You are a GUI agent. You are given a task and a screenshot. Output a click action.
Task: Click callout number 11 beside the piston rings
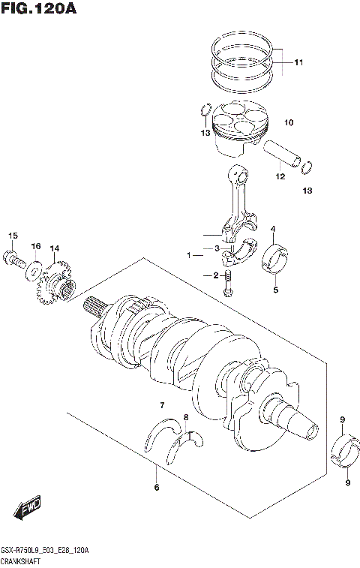pyautogui.click(x=298, y=62)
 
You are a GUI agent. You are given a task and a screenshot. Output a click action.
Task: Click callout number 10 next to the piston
pyautogui.click(x=288, y=122)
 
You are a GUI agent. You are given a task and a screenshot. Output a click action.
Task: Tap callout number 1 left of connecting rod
pyautogui.click(x=190, y=255)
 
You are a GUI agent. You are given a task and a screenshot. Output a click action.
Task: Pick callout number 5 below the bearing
pyautogui.click(x=274, y=290)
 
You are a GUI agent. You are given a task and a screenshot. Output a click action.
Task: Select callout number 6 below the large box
pyautogui.click(x=156, y=488)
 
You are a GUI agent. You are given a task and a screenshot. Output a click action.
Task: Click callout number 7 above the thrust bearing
pyautogui.click(x=161, y=406)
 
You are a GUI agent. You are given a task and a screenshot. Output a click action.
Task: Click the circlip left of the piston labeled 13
pyautogui.click(x=205, y=113)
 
